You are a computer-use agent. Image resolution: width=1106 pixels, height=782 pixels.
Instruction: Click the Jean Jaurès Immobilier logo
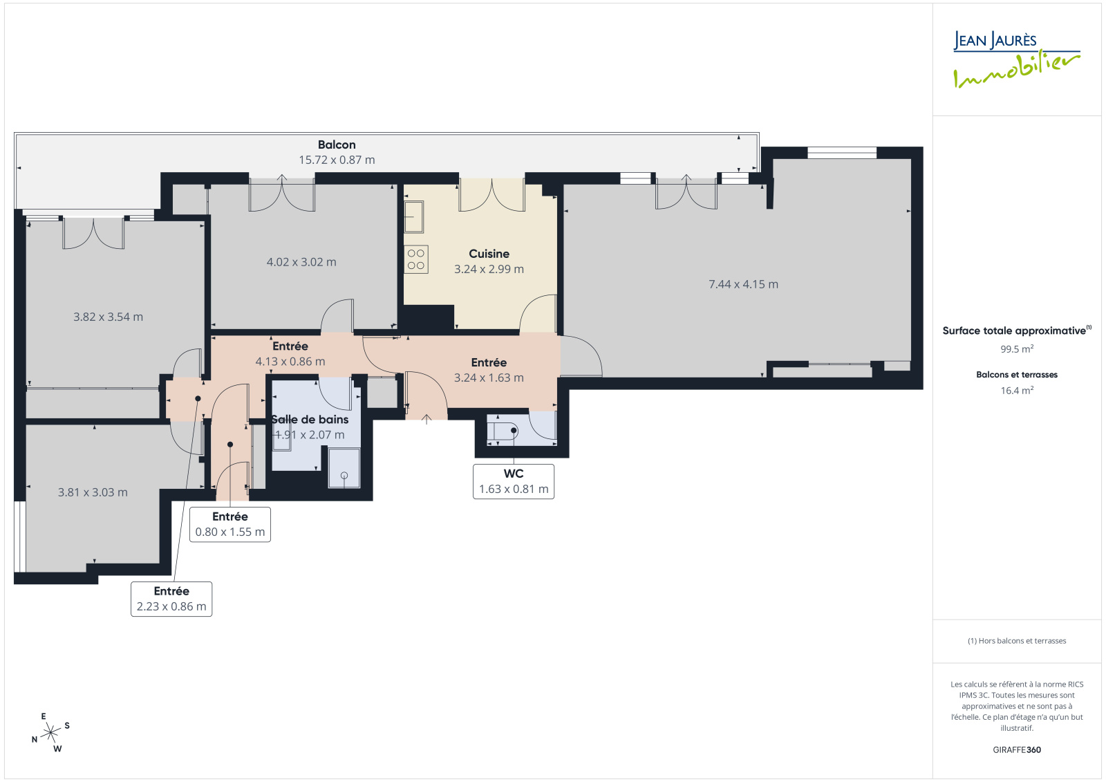[1016, 59]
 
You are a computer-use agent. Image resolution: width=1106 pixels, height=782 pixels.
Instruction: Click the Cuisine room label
[489, 254]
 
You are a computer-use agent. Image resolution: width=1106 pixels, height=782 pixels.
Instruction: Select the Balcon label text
[337, 145]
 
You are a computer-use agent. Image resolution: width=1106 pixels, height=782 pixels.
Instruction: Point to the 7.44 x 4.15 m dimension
[743, 284]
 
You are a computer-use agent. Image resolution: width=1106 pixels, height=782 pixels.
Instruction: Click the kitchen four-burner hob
[415, 259]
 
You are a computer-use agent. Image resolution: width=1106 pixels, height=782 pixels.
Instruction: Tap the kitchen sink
[414, 216]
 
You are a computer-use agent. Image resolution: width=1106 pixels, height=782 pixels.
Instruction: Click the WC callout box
[514, 481]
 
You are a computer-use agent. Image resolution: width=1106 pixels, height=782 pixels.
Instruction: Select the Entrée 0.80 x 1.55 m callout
[230, 524]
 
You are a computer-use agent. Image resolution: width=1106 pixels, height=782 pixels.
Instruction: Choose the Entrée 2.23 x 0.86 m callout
[171, 599]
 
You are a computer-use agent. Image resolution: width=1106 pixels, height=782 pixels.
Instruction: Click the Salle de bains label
[310, 420]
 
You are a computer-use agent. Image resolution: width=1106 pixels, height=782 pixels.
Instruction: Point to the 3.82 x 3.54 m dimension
[108, 317]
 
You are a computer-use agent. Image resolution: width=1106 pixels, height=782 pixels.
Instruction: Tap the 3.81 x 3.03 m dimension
[93, 492]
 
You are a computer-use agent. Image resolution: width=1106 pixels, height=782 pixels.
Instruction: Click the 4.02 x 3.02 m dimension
[301, 262]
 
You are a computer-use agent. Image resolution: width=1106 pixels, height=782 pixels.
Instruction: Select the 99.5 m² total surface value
[1017, 348]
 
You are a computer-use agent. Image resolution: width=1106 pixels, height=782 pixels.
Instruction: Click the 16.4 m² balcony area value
[1017, 390]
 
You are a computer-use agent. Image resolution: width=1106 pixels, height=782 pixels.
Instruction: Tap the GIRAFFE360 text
[1017, 750]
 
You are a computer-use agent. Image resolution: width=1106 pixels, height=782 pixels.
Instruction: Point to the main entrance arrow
[427, 419]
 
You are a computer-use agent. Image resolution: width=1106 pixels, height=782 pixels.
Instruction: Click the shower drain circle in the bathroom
[344, 475]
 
